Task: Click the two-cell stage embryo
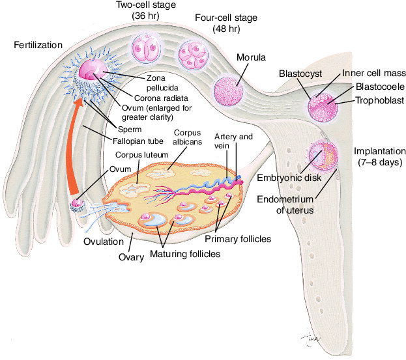[x=147, y=48]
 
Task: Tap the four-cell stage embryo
[x=193, y=55]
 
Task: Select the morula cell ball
[x=229, y=90]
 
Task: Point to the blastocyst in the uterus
[x=323, y=107]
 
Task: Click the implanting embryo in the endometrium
[x=323, y=155]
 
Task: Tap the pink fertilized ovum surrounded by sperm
[x=93, y=69]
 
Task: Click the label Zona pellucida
[x=162, y=83]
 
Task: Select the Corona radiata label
[x=161, y=98]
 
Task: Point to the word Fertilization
[x=38, y=45]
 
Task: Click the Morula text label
[x=251, y=57]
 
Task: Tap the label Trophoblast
[x=379, y=100]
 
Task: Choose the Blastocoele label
[x=380, y=87]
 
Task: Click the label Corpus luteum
[x=141, y=155]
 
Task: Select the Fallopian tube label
[x=138, y=141]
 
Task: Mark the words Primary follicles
[x=238, y=239]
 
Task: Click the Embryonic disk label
[x=289, y=178]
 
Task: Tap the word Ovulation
[x=104, y=242]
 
